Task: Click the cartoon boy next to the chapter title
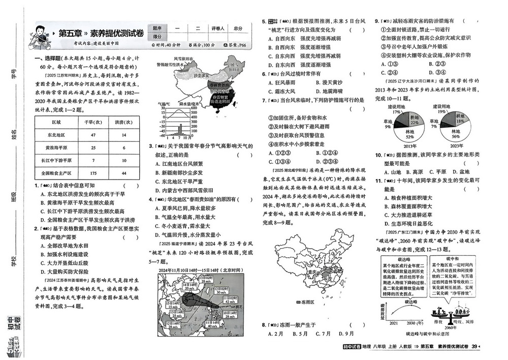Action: pyautogui.click(x=41, y=37)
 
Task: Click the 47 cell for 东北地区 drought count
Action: pyautogui.click(x=93, y=135)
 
